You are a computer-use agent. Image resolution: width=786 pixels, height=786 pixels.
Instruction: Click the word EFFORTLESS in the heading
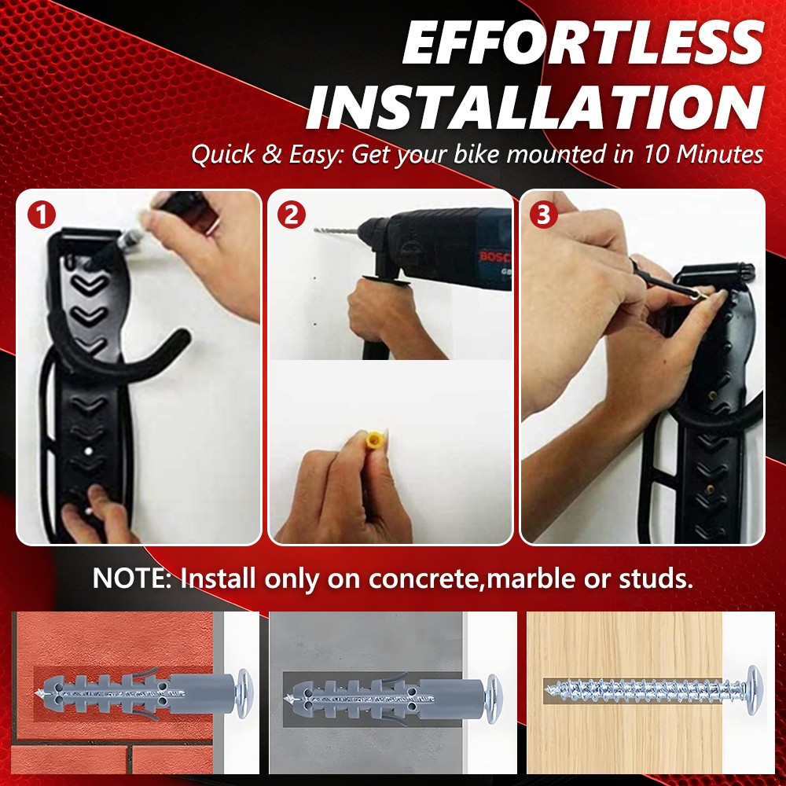pyautogui.click(x=582, y=46)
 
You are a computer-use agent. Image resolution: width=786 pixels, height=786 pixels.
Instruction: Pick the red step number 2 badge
pyautogui.click(x=292, y=214)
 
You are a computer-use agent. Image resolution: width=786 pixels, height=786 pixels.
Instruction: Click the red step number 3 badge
pyautogui.click(x=543, y=214)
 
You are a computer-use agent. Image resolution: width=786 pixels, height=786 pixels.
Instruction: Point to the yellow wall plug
pyautogui.click(x=374, y=441)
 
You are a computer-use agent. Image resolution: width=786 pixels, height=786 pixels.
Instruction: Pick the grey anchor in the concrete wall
pyautogui.click(x=385, y=691)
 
